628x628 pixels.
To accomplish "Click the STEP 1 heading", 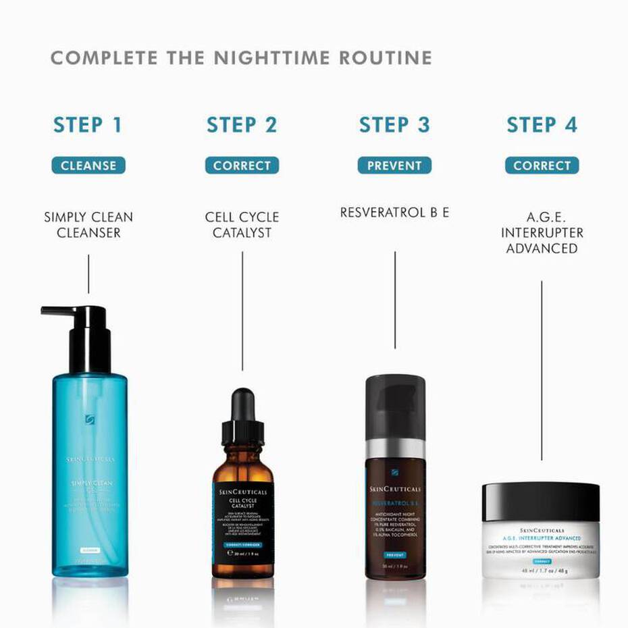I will (x=88, y=126).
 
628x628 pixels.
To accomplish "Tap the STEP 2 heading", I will (x=242, y=126).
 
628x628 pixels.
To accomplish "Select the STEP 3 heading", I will (x=394, y=126).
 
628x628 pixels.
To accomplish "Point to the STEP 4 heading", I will (x=542, y=126).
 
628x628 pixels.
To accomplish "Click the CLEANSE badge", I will (x=88, y=165).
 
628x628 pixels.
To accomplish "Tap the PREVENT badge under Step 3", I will (x=394, y=165).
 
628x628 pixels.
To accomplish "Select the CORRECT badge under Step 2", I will (x=242, y=165).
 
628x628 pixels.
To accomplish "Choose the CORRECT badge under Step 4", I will (x=542, y=165).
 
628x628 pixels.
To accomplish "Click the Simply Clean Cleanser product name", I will (x=88, y=225).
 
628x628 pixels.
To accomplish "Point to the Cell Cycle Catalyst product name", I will (x=242, y=225).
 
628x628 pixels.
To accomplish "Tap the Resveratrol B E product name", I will (x=394, y=213).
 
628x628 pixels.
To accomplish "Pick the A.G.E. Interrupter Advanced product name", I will (x=542, y=233).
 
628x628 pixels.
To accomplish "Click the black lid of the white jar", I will (x=541, y=501).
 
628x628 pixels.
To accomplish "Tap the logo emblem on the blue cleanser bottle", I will (x=90, y=420).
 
